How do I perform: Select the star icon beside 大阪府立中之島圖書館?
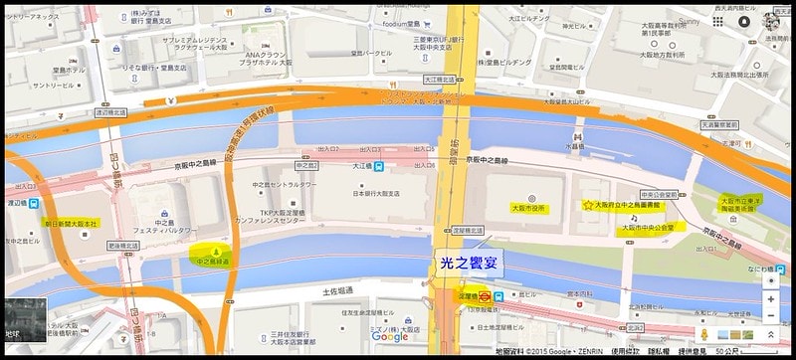pyautogui.click(x=587, y=205)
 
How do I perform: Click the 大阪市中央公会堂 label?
pyautogui.click(x=648, y=227)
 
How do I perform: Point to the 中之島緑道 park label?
pyautogui.click(x=212, y=262)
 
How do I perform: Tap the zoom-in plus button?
pyautogui.click(x=771, y=299)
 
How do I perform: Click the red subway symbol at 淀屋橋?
pyautogui.click(x=482, y=295)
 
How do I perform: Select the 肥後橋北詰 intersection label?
pyautogui.click(x=123, y=245)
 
